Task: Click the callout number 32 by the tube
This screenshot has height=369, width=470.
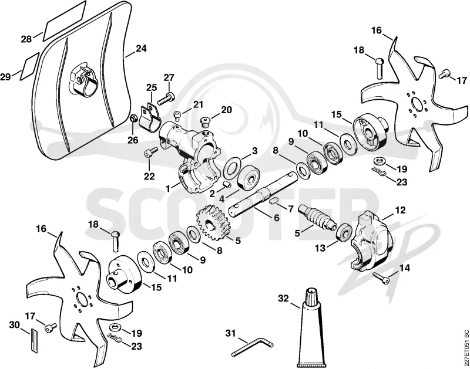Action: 283,299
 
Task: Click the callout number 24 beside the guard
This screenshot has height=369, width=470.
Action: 141,49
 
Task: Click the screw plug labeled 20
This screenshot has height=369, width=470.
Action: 206,122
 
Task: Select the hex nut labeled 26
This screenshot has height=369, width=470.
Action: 134,119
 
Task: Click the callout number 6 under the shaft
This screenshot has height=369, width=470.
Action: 276,218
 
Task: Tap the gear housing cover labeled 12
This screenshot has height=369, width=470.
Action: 371,240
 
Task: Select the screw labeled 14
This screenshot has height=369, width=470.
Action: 381,277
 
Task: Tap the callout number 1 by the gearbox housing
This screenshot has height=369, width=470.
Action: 168,188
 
